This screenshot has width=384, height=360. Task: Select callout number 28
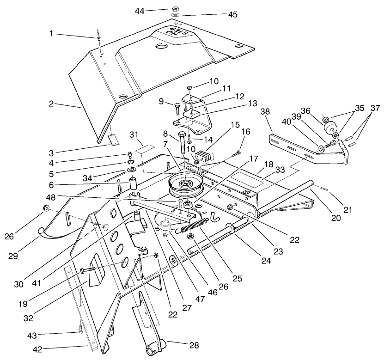tap(194, 345)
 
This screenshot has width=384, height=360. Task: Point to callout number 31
tap(134, 134)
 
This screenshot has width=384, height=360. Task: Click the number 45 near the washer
tap(232, 15)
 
